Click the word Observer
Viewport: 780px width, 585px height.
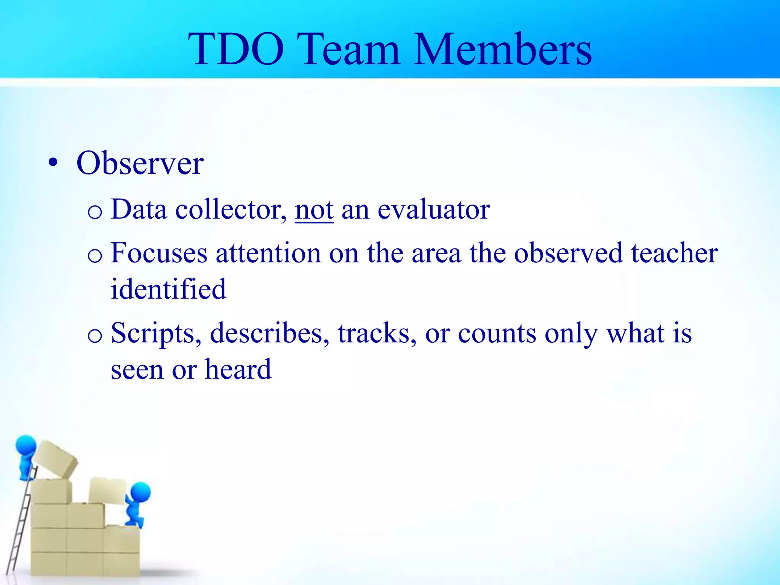pos(140,163)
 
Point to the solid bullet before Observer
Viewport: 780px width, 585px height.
pos(53,164)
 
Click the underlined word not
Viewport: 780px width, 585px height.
pos(314,210)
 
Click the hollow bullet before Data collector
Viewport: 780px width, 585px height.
pos(94,212)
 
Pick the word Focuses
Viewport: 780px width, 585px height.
pos(159,253)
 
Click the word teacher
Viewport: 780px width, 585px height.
pos(674,253)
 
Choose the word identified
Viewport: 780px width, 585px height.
pos(168,289)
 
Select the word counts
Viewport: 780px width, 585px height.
pos(497,333)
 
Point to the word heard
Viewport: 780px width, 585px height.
pos(238,369)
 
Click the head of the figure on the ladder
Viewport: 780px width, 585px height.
pos(26,445)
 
